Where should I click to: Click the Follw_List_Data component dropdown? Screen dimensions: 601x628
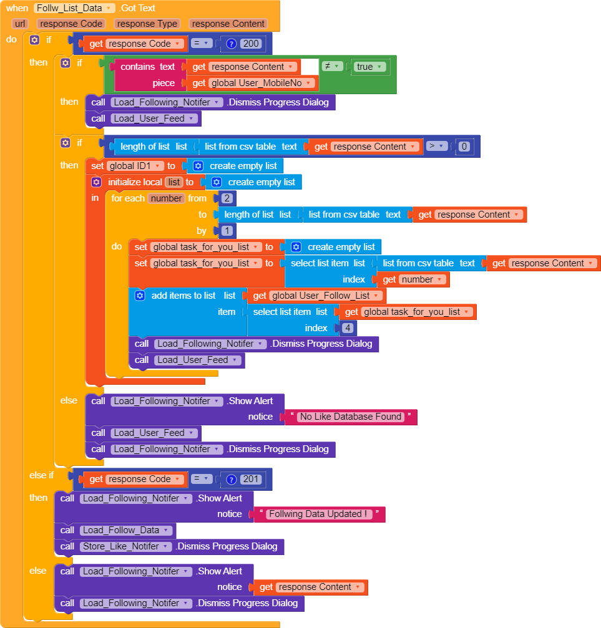tap(74, 8)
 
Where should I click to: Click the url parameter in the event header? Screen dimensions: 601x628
tap(19, 24)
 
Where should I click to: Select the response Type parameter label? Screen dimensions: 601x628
tap(147, 24)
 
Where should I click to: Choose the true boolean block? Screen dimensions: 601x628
tap(369, 67)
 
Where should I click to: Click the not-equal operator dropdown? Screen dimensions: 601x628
tap(331, 67)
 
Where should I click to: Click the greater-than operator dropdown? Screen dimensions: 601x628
tap(437, 146)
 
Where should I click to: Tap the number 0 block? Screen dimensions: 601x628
tap(464, 147)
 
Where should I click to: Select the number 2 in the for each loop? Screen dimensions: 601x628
tap(227, 198)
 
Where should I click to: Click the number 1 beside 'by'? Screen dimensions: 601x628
tap(227, 231)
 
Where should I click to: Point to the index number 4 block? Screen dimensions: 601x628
tap(348, 328)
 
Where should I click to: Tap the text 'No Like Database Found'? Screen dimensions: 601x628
tap(351, 417)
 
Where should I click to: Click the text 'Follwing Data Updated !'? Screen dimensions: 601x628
tap(319, 514)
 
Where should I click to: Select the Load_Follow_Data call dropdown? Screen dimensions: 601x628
tap(126, 530)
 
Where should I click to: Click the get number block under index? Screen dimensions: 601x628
tap(413, 279)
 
